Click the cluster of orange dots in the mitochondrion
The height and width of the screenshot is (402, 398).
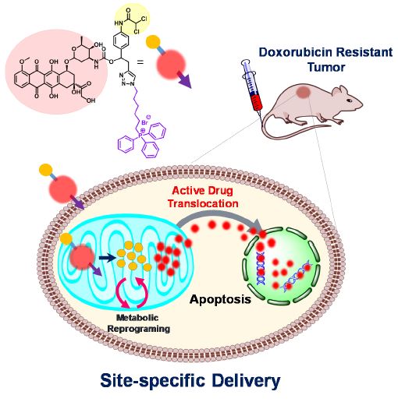point(136,258)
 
